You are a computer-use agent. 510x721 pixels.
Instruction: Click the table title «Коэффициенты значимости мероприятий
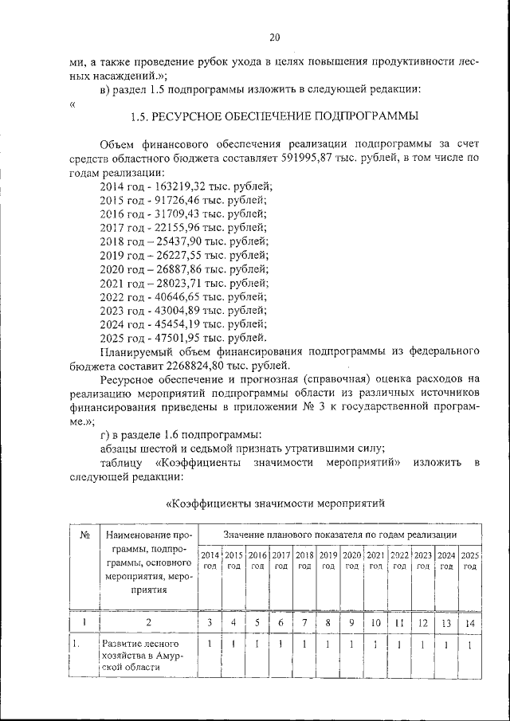tap(274, 503)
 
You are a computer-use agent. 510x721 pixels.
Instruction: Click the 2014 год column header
tap(210, 560)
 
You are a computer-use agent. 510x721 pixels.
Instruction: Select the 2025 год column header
tap(470, 560)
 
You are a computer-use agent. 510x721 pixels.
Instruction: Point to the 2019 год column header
tap(328, 560)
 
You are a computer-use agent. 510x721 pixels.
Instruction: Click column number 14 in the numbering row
tap(470, 621)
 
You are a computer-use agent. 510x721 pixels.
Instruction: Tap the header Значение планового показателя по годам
tap(340, 534)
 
